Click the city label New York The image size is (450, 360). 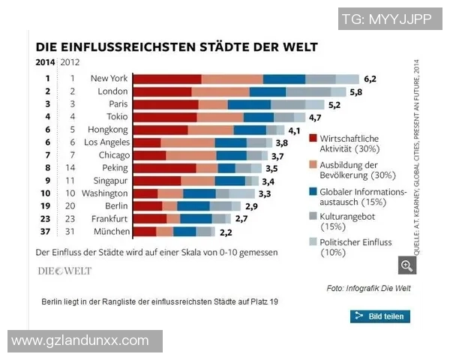pos(109,78)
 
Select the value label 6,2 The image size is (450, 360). pos(370,78)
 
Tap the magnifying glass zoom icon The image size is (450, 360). pos(406,265)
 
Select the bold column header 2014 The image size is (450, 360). pos(45,62)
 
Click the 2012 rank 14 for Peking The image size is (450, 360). pos(72,168)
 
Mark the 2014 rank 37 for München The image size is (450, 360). pos(47,232)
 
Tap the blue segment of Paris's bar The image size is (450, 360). pos(249,104)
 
